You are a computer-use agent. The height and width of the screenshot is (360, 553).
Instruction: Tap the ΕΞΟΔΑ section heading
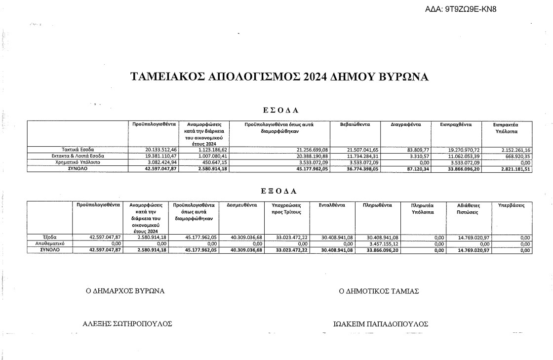(279, 190)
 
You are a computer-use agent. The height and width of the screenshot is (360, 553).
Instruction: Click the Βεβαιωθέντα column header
(355, 124)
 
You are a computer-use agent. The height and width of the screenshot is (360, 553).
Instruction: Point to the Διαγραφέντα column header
(405, 124)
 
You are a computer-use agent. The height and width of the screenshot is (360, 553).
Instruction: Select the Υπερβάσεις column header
(511, 205)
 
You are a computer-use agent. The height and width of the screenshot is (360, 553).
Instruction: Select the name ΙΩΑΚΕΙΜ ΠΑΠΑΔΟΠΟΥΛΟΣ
(381, 324)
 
